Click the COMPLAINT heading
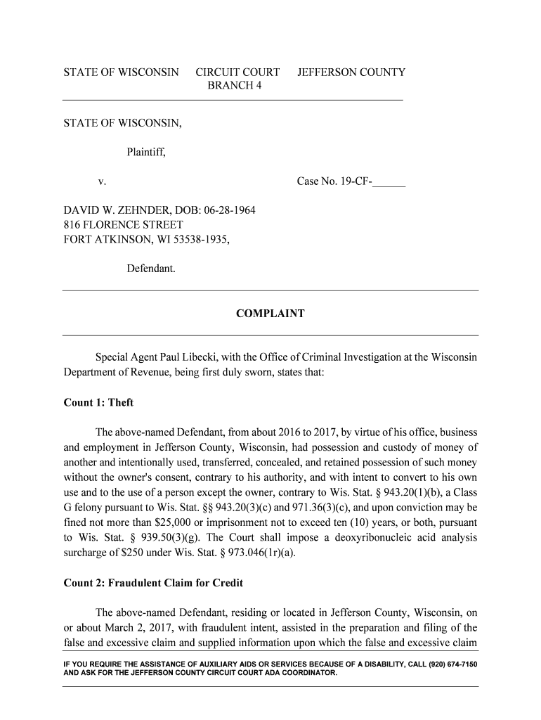[270, 314]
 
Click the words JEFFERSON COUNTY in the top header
[351, 72]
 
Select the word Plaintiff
[146, 151]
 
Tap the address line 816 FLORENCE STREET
[124, 225]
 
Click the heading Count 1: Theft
[98, 403]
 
